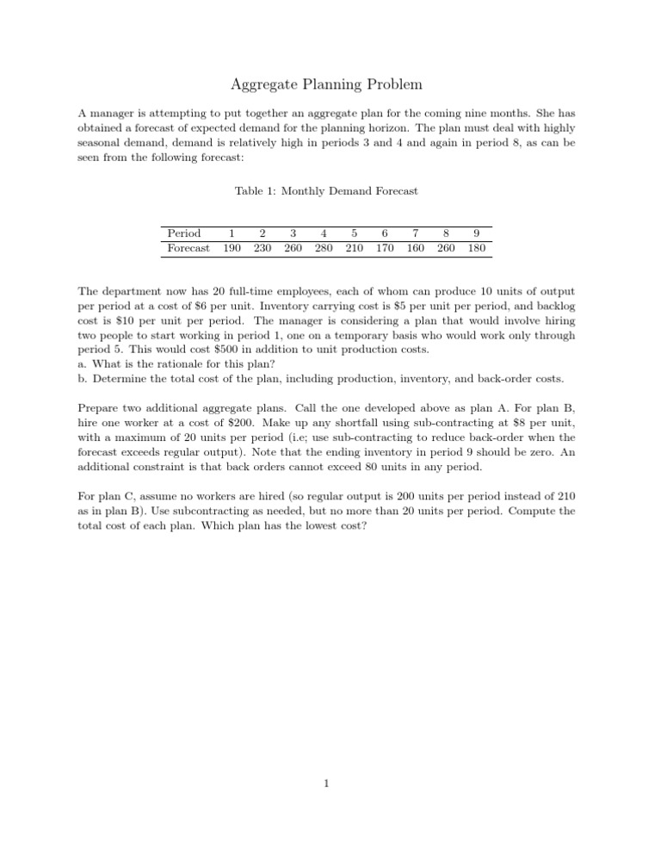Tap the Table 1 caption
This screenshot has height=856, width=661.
[330, 191]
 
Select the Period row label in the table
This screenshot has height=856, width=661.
[184, 233]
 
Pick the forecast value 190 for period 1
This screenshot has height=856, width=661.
[231, 248]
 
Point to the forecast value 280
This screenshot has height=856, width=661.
[323, 248]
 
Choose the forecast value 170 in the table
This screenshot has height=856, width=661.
[383, 248]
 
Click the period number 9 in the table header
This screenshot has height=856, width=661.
[476, 233]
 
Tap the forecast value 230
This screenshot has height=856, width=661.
[262, 248]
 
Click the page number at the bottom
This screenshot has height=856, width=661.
[330, 785]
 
